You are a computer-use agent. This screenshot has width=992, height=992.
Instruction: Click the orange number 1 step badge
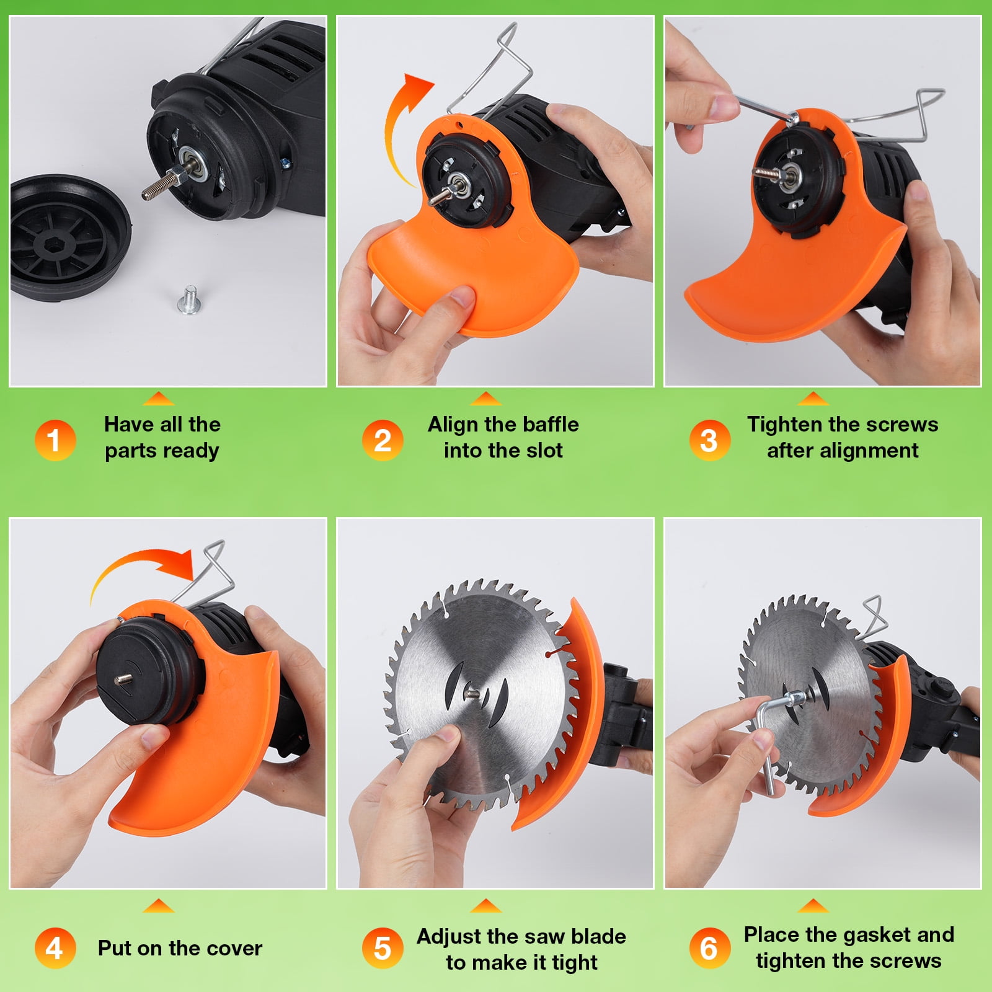pos(55,441)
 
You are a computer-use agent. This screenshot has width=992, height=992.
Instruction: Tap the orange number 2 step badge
pos(383,441)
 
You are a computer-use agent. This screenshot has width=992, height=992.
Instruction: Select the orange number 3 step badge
pos(710,441)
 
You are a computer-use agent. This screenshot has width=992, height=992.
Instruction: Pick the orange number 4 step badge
pos(55,949)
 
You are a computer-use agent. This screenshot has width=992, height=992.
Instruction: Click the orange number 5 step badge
pos(383,949)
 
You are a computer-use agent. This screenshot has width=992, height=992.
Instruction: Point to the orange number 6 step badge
pos(710,949)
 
